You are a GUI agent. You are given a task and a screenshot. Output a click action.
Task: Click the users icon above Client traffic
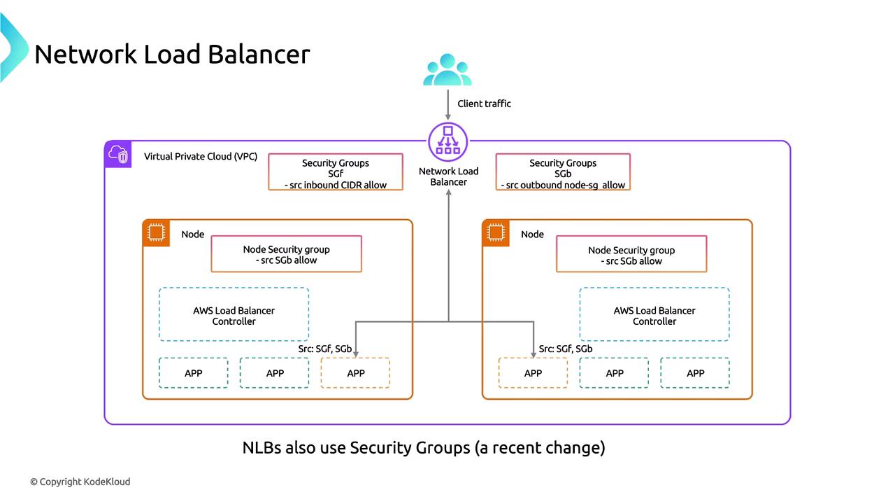(447, 70)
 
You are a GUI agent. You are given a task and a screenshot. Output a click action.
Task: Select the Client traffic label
(484, 104)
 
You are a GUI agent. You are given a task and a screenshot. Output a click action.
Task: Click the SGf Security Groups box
(336, 173)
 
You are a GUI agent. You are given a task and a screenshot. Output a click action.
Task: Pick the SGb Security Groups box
(563, 173)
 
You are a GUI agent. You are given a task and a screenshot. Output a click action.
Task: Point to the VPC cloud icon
(117, 155)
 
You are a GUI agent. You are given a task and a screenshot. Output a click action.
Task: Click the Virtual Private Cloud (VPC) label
(201, 157)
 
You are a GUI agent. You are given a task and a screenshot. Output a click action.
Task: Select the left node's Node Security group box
(286, 254)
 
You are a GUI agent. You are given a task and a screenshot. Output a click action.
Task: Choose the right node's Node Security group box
(631, 255)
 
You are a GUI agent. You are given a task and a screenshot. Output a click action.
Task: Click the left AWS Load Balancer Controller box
(234, 316)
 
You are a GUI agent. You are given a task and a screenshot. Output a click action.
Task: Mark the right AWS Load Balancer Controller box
(654, 316)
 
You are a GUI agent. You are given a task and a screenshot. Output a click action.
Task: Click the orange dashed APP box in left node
(355, 373)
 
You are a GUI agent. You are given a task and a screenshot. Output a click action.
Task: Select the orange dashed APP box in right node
(533, 373)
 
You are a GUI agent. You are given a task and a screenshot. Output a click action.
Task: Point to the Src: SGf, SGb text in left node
(325, 349)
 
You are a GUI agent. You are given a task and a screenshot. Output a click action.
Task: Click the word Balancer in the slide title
(262, 54)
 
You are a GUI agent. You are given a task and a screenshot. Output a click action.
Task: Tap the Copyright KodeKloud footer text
(80, 482)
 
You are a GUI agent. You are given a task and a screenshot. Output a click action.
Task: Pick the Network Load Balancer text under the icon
(448, 176)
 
